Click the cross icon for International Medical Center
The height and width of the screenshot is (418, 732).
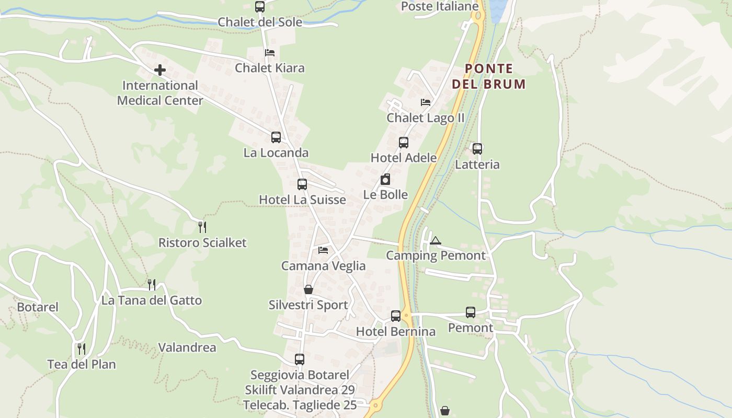pyautogui.click(x=160, y=70)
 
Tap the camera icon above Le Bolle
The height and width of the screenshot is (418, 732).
pyautogui.click(x=385, y=180)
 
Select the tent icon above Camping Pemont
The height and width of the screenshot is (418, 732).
pyautogui.click(x=436, y=241)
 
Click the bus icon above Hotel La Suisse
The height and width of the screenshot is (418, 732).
pyautogui.click(x=302, y=184)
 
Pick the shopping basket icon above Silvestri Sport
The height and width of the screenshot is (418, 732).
pyautogui.click(x=308, y=289)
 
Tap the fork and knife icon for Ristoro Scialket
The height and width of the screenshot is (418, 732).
pyautogui.click(x=202, y=227)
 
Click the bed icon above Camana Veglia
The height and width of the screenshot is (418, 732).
pyautogui.click(x=323, y=250)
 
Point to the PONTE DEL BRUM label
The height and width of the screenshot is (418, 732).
pyautogui.click(x=489, y=76)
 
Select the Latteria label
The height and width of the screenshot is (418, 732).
pyautogui.click(x=477, y=165)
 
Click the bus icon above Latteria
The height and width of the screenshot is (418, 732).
pyautogui.click(x=477, y=149)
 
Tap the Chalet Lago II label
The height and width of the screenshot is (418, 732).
pyautogui.click(x=425, y=118)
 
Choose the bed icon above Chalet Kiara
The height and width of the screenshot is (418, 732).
pyautogui.click(x=270, y=53)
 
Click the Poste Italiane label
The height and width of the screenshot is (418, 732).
pyautogui.click(x=440, y=6)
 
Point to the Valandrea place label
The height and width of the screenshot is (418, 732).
pyautogui.click(x=187, y=347)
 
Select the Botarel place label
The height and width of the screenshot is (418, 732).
pyautogui.click(x=38, y=307)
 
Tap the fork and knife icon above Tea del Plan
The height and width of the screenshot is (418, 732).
pyautogui.click(x=82, y=349)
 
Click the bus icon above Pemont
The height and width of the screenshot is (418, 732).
pyautogui.click(x=471, y=312)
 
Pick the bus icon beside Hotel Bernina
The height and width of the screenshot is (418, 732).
pyautogui.click(x=396, y=316)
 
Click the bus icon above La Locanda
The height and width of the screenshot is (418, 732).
pyautogui.click(x=276, y=137)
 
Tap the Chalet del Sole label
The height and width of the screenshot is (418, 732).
pyautogui.click(x=260, y=22)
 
